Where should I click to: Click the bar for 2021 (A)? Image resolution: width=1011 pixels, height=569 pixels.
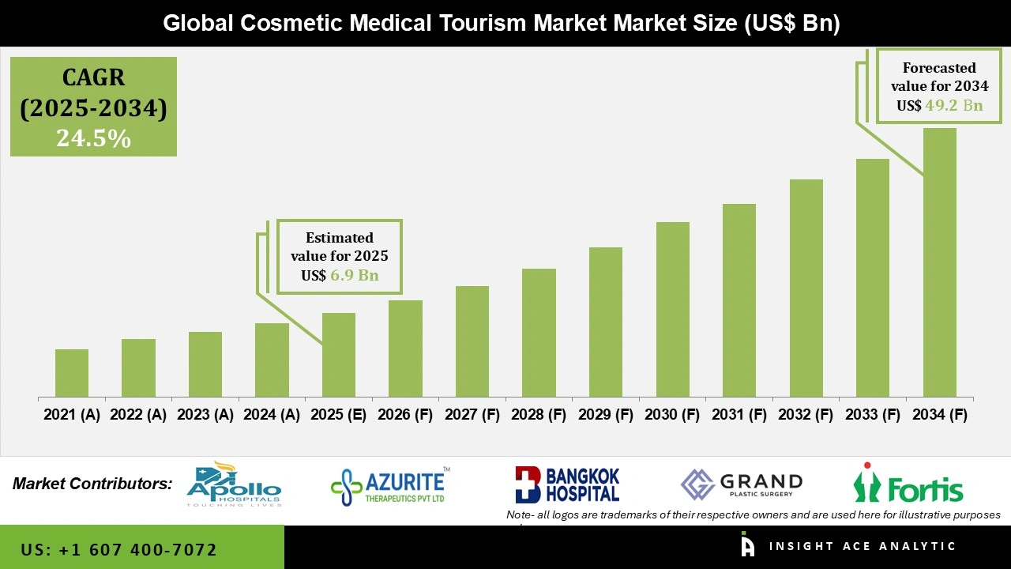coord(72,373)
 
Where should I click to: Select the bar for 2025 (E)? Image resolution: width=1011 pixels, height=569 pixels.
coord(339,355)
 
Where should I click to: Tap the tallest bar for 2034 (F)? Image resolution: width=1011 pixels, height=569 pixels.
coord(939,262)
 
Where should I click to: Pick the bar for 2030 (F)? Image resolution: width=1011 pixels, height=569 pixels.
coord(672,309)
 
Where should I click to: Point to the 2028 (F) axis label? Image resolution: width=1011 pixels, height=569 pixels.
coord(539,415)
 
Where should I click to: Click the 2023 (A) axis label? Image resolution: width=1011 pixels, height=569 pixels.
coord(205,415)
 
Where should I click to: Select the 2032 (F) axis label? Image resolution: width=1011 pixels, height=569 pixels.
coord(806,415)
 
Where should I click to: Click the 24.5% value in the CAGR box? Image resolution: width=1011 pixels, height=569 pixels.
coord(93,138)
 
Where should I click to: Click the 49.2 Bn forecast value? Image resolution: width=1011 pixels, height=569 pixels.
coord(954,105)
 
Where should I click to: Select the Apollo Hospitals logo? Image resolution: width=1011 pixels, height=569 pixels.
coord(234,484)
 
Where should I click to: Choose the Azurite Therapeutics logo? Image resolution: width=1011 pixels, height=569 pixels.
coord(390,486)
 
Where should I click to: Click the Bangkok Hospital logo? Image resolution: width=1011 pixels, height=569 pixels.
coord(567,484)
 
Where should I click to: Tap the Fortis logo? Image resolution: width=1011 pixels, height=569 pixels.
coord(908,484)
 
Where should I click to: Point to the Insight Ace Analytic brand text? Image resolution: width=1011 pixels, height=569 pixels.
coord(861,546)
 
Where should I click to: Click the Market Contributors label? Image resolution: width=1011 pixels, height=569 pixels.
coord(92,483)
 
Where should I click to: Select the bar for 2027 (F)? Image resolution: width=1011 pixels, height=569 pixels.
coord(472,341)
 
